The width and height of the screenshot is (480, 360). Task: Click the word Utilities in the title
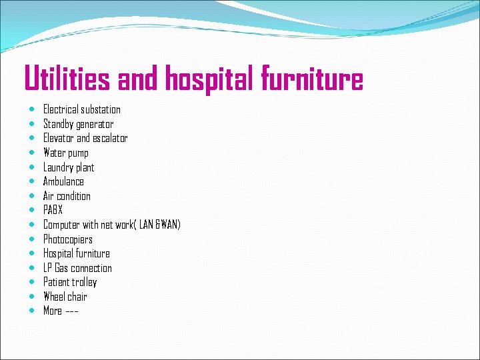(67, 79)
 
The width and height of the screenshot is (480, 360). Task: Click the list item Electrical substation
(82, 109)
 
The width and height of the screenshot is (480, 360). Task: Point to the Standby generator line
(78, 124)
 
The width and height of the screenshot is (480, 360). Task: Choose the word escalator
(110, 138)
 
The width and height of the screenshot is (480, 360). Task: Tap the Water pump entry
(65, 153)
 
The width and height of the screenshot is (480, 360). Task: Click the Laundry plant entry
(69, 167)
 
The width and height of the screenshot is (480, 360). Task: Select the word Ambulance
(63, 181)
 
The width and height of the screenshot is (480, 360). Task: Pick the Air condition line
(67, 196)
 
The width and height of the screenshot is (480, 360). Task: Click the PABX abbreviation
(53, 210)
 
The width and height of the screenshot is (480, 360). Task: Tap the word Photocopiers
(68, 239)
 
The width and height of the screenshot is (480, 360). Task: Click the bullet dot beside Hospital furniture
(33, 253)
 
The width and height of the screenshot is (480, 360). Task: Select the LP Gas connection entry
(77, 268)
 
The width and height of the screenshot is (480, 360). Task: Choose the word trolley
(84, 282)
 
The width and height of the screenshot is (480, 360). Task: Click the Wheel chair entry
(65, 297)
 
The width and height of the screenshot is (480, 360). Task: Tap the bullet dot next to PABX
(33, 210)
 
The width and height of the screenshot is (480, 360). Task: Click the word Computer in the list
(62, 225)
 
